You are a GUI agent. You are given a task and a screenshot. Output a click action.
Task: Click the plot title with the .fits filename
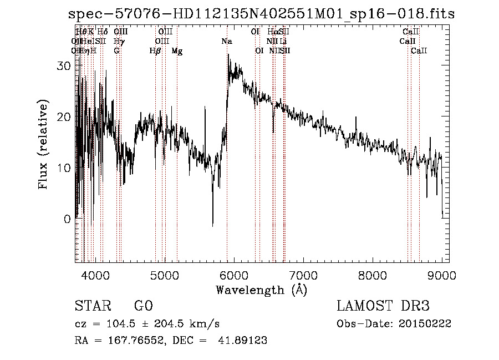coord(261,14)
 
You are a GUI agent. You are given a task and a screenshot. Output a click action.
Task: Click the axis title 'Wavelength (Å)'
coord(261,290)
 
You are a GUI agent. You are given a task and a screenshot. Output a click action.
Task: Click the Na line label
coord(226,42)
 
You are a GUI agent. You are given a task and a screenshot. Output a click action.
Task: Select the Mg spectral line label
coord(177,51)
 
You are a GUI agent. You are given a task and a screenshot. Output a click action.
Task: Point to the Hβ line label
coord(155,51)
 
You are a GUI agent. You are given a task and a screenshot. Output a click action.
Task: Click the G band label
coord(116,51)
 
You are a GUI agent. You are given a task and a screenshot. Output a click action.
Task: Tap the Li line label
coord(283,42)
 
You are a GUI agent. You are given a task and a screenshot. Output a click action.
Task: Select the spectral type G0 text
coord(144,306)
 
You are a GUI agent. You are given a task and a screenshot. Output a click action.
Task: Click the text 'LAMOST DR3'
coord(383,306)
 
